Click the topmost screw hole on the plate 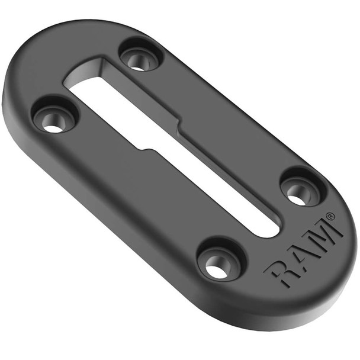[x=140, y=58]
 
